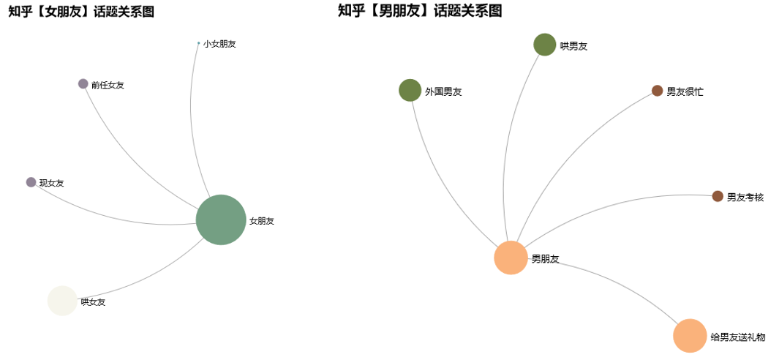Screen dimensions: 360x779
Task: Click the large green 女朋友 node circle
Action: tap(221, 220)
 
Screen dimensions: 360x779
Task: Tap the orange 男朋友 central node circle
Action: tap(511, 258)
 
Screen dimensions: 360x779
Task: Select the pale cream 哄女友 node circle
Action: tap(62, 301)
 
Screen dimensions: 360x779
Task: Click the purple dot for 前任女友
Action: tap(83, 84)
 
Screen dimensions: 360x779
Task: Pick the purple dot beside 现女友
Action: tap(31, 182)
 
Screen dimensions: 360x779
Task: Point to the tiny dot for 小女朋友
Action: tap(198, 43)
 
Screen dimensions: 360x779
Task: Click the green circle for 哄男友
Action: tap(545, 45)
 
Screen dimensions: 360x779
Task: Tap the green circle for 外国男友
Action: tap(410, 91)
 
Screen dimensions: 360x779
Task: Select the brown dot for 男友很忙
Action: tap(657, 91)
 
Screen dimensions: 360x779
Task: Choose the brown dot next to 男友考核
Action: tap(718, 196)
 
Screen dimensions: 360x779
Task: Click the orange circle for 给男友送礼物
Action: tap(690, 336)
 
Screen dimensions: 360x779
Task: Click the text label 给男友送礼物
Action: tap(737, 337)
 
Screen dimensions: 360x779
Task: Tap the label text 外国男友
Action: tap(443, 92)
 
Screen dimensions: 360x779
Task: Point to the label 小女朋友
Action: tap(219, 44)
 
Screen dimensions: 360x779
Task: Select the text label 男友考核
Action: tap(745, 198)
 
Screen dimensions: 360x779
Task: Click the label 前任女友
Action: tap(108, 86)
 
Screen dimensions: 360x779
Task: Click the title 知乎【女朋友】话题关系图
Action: tap(81, 12)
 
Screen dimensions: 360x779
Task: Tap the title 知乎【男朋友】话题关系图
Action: tap(419, 11)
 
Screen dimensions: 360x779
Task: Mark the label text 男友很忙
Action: tap(685, 92)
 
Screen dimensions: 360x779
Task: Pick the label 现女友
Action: tap(51, 184)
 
